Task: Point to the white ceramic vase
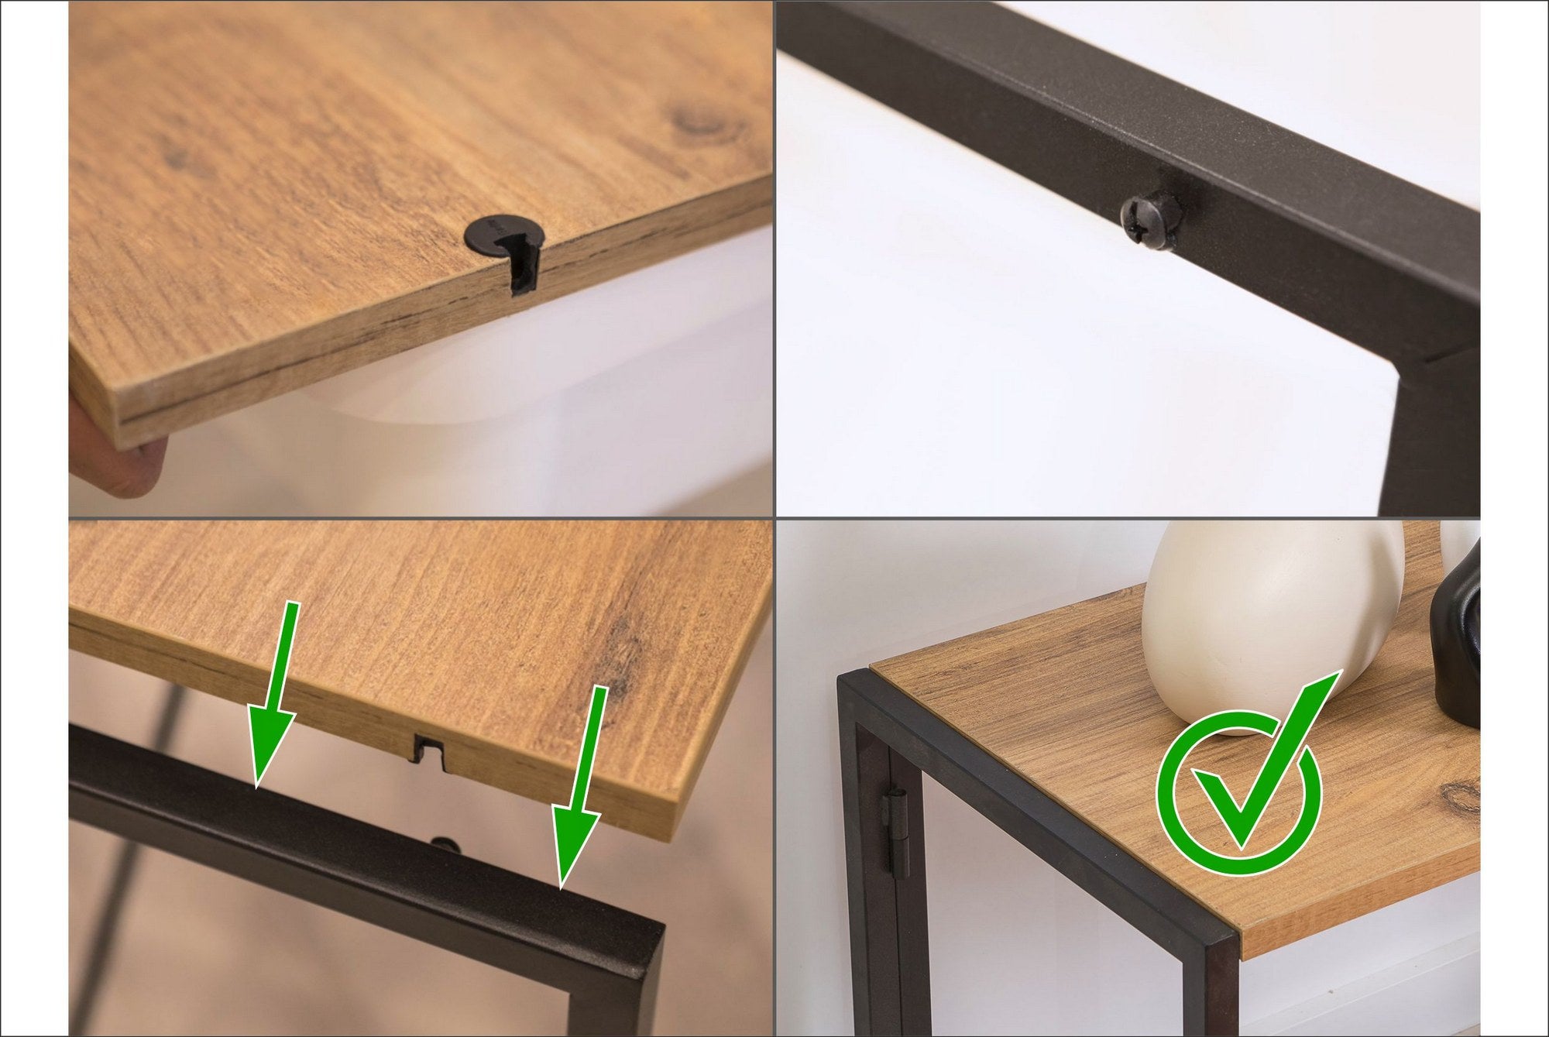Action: pos(1270,620)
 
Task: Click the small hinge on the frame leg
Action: pos(895,833)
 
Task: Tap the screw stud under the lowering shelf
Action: pos(444,843)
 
